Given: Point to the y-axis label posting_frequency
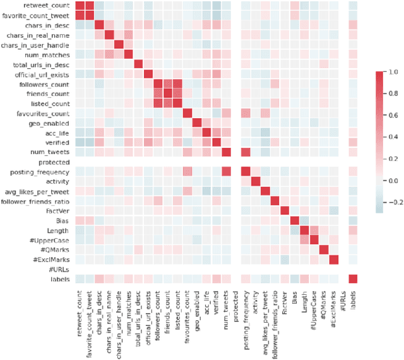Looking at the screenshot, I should (45, 171).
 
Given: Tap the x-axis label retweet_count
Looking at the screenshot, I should (81, 309).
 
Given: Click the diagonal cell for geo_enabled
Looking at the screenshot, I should (197, 123).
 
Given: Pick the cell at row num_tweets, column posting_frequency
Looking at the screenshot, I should (246, 152).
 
